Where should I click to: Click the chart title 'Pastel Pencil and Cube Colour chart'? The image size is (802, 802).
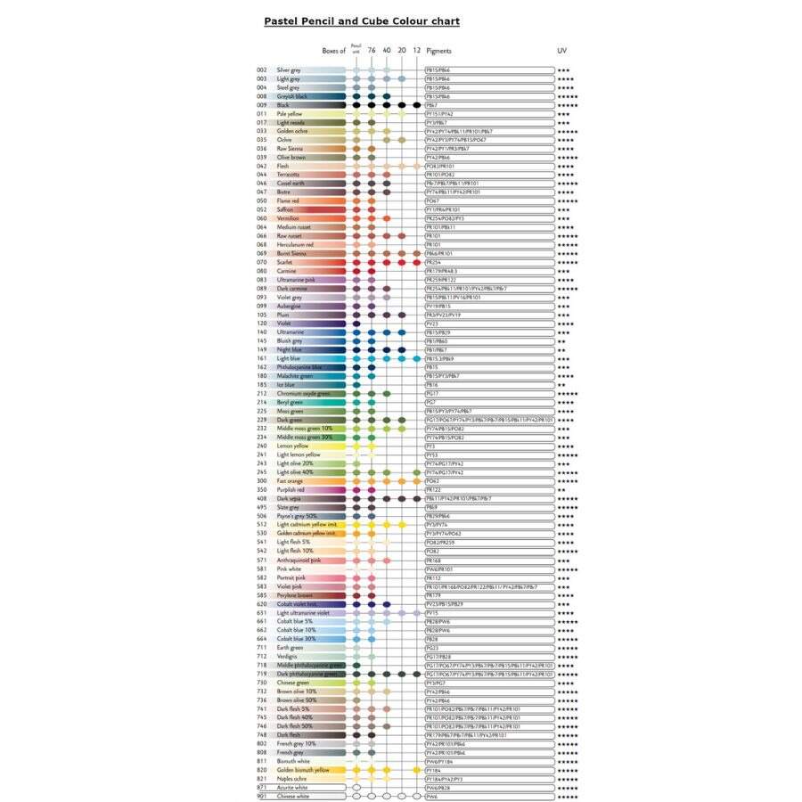click(362, 20)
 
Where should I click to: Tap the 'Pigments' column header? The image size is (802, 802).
click(438, 51)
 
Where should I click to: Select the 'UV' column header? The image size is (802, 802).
click(561, 51)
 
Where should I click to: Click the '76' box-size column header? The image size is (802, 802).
click(371, 51)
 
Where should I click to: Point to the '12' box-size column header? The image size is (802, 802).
click(416, 51)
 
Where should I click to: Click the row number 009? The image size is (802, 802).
click(261, 104)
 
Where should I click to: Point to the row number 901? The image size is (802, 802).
click(261, 796)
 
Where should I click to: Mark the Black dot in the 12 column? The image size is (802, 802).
click(416, 104)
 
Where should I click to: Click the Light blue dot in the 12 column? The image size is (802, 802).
click(416, 358)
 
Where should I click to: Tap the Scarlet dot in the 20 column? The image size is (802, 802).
click(402, 262)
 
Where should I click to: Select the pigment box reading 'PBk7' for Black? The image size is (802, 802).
click(488, 104)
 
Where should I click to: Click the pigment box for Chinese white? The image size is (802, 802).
click(488, 796)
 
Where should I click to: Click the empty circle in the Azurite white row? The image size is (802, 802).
click(356, 787)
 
